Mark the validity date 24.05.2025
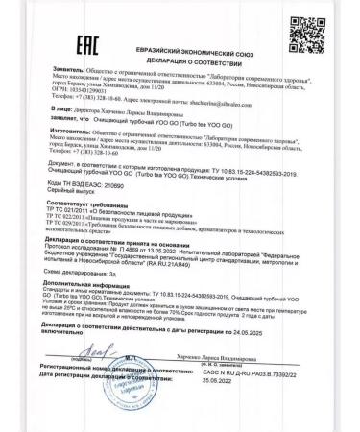pos(227,350)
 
